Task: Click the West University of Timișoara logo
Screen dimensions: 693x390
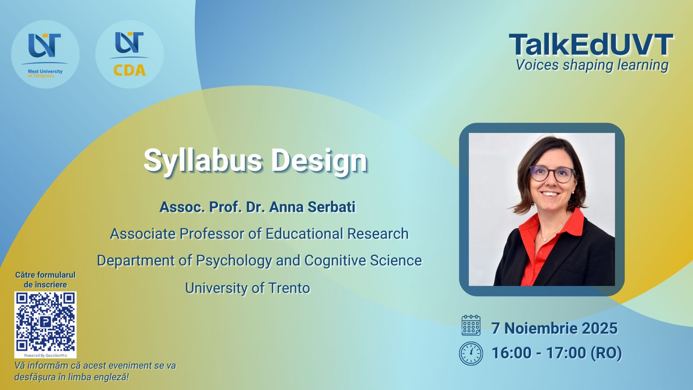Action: click(x=45, y=55)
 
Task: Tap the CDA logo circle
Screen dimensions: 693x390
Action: click(x=130, y=55)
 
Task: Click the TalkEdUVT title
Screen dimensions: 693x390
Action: click(x=591, y=45)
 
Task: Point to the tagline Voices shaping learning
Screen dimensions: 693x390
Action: click(x=592, y=65)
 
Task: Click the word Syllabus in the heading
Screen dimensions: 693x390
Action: click(x=203, y=161)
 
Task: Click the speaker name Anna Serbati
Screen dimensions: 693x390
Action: click(x=312, y=207)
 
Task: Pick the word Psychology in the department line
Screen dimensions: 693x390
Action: click(x=234, y=261)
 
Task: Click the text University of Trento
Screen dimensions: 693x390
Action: click(x=247, y=288)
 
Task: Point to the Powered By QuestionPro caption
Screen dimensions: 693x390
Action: click(x=45, y=355)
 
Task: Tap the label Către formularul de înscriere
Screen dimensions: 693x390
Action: click(x=45, y=280)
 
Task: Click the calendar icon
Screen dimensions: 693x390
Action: click(x=471, y=325)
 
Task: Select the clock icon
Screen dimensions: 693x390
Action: click(x=471, y=354)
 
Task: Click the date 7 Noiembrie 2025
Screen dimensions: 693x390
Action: click(x=554, y=328)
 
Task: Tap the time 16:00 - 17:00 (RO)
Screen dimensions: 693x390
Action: click(x=557, y=353)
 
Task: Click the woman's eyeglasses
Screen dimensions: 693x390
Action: click(x=553, y=174)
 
